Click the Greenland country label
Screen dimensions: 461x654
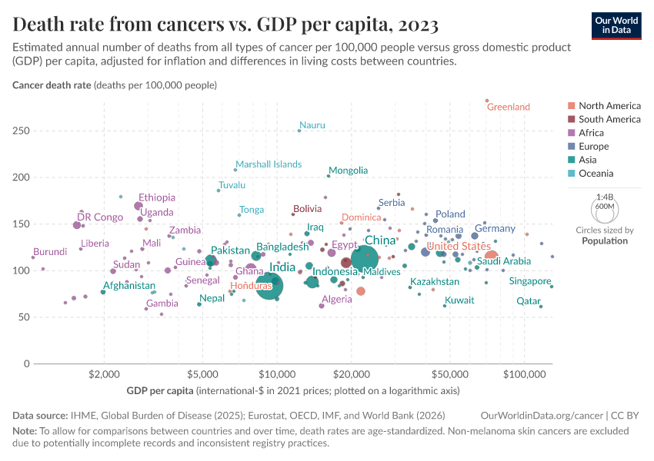coord(509,108)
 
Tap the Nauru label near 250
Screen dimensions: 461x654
coord(312,125)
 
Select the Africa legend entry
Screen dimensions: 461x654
coord(591,133)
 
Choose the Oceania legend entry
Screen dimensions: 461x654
coord(596,174)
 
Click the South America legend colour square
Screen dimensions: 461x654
coord(571,120)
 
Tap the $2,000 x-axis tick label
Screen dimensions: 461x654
coord(103,374)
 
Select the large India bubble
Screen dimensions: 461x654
coord(269,286)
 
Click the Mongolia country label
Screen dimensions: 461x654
coord(348,171)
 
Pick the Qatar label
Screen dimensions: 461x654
coord(529,301)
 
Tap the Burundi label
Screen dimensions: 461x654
coord(50,251)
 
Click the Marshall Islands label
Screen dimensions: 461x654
coord(269,164)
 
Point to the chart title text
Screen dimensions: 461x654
coord(225,25)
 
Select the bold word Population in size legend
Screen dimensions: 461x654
coord(604,240)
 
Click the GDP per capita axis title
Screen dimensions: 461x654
coord(160,392)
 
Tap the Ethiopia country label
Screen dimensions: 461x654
coord(157,197)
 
